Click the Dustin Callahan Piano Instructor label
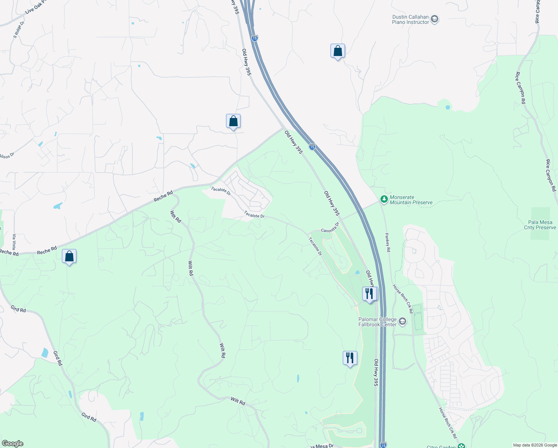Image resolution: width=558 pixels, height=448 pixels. point(410,20)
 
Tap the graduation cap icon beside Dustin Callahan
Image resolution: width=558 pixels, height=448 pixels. point(434,19)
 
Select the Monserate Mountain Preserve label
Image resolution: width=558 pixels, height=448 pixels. point(411,200)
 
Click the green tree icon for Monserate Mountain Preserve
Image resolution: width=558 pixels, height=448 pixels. point(384,199)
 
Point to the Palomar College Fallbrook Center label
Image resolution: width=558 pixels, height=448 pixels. point(377,322)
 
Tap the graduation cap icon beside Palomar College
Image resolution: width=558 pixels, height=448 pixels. point(402,321)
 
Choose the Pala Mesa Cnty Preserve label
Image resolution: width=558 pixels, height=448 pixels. point(540,225)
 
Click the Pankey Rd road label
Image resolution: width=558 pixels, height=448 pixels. point(388,243)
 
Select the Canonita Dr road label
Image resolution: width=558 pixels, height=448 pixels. point(330,228)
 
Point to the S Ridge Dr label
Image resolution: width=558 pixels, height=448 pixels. point(18,29)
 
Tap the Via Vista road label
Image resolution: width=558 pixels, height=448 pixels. point(14,242)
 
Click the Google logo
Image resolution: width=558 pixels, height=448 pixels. point(12,443)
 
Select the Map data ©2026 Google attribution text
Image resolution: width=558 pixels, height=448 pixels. point(535,445)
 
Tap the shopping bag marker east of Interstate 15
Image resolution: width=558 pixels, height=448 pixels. point(338,51)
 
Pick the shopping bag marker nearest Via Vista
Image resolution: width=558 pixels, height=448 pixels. point(69,256)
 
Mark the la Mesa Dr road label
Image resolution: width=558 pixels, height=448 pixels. point(322,446)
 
